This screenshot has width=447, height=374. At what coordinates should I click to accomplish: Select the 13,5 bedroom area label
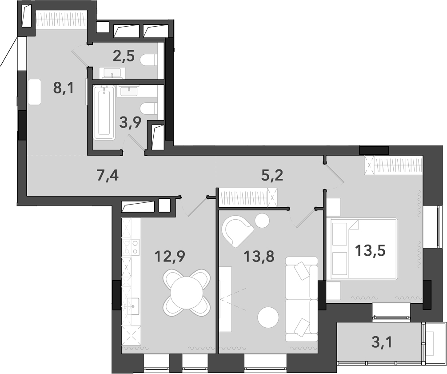(370, 250)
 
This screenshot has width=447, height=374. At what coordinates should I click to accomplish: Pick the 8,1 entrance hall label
(63, 88)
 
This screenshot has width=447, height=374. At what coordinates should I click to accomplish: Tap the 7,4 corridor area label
(107, 175)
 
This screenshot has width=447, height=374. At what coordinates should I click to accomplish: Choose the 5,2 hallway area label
(272, 175)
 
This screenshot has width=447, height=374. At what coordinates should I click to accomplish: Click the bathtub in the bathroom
(104, 113)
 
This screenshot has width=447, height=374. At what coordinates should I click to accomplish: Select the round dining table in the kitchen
(187, 293)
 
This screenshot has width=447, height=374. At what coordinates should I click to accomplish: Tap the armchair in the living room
(236, 229)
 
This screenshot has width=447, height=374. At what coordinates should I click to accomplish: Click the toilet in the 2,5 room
(149, 60)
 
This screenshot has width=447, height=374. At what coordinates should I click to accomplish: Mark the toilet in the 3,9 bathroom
(149, 108)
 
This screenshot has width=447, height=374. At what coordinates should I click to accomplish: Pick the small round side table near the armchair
(262, 220)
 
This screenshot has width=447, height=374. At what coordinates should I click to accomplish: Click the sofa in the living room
(301, 299)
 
